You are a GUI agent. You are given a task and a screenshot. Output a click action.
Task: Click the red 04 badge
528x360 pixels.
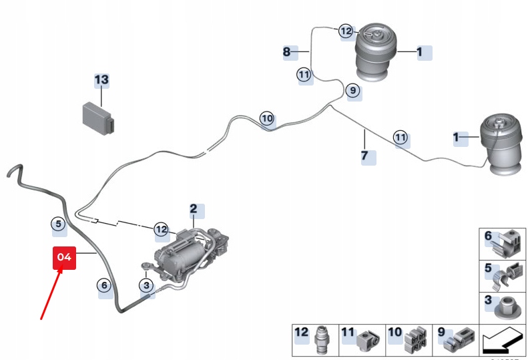[65, 257]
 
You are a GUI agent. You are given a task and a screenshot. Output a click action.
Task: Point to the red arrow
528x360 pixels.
[51, 294]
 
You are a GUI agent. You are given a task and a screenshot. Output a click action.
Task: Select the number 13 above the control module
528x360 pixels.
[101, 80]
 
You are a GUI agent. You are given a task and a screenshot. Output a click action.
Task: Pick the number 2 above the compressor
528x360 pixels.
[194, 209]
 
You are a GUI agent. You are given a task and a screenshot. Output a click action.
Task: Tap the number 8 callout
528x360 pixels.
[286, 51]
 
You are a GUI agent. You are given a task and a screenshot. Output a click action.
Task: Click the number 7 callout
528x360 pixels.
[364, 156]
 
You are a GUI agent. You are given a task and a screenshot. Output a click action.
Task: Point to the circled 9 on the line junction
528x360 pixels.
[352, 90]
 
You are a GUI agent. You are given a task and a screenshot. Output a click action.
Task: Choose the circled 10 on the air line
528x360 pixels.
[267, 119]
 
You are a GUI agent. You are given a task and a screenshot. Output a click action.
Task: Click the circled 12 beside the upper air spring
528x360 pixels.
[346, 31]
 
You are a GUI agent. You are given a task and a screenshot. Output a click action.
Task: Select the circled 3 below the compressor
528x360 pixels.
[146, 286]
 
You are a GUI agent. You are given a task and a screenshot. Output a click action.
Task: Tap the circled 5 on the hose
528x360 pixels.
[58, 224]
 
